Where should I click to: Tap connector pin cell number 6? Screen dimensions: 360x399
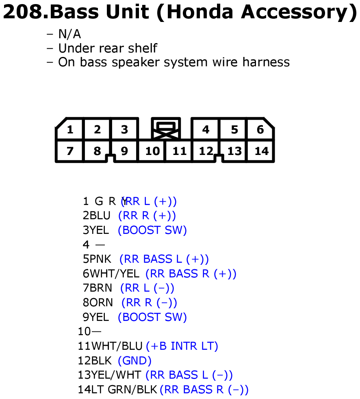260,129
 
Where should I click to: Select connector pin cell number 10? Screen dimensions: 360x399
152,151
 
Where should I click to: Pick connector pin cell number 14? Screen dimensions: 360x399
261,151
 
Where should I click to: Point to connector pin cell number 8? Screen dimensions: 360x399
97,151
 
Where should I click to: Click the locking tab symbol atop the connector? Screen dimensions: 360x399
166,129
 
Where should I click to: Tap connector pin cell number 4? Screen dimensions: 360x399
206,129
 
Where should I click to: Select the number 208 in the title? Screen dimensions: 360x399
22,12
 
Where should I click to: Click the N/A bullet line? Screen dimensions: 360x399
64,34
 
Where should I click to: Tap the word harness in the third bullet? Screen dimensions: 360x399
266,62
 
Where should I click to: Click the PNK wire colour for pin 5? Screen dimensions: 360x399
101,259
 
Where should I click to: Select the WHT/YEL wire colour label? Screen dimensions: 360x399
115,274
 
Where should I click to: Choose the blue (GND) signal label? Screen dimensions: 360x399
134,361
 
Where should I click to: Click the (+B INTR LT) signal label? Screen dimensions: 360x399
182,346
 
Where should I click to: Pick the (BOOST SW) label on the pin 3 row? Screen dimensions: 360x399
152,230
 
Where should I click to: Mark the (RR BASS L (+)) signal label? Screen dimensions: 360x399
164,259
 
